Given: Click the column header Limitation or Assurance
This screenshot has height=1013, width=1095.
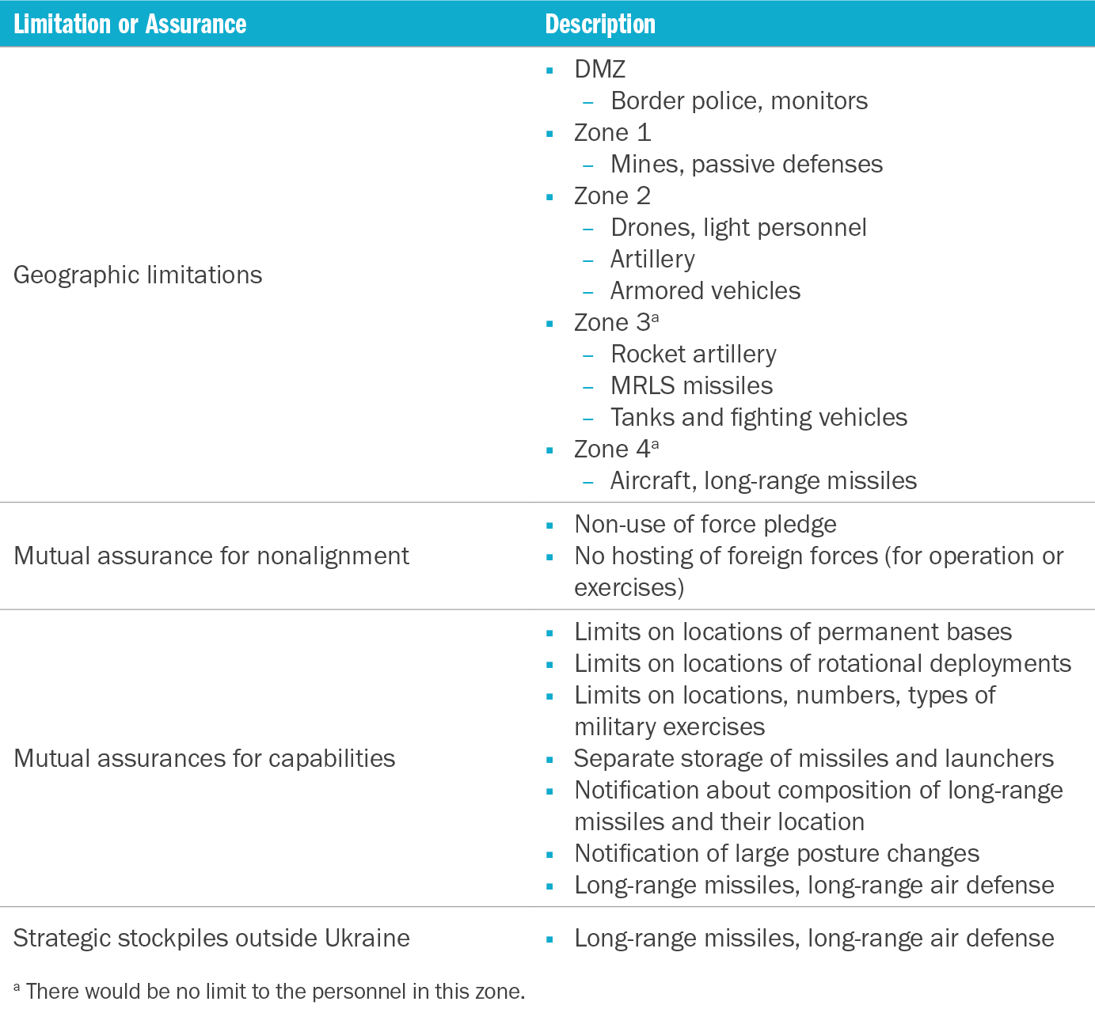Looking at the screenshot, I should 130,24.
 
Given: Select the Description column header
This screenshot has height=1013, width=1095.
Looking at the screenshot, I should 600,24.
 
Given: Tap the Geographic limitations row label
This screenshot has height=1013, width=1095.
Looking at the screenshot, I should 138,275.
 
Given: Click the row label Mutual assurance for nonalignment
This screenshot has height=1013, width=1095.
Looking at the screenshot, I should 211,556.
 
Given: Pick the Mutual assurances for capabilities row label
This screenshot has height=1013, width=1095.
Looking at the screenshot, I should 204,758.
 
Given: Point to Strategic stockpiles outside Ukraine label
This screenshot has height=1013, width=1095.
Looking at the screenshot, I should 211,938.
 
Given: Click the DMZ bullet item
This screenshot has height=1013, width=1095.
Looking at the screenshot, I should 599,69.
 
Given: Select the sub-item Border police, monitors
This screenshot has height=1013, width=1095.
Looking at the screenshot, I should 739,101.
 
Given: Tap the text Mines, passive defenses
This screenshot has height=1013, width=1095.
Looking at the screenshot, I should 746,164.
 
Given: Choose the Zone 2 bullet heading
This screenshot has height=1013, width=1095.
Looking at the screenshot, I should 612,195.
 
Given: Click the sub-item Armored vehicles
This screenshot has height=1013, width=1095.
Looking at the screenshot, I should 705,290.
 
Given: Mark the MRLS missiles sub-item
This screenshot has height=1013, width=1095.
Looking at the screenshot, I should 691,385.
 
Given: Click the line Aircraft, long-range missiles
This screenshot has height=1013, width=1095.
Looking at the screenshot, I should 763,480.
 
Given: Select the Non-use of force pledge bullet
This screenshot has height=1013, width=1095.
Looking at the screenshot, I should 705,524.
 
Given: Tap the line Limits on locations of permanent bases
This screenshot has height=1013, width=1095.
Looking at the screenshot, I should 793,632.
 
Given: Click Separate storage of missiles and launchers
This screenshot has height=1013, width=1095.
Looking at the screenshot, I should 813,758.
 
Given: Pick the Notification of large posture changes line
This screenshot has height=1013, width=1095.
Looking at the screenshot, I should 776,853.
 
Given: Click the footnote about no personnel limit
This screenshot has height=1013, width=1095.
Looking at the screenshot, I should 269,991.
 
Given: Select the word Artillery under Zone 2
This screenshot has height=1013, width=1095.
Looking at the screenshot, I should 652,259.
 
